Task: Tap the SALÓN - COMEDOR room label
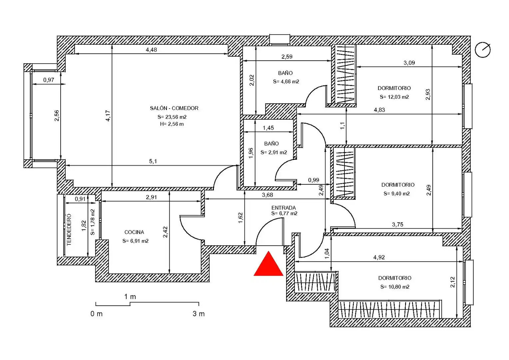174,108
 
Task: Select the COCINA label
134,232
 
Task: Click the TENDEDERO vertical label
69,230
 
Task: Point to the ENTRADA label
283,208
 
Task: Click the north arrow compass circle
482,50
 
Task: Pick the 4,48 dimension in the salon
151,50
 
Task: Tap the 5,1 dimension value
153,161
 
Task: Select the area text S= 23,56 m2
172,117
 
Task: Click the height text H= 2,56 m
172,124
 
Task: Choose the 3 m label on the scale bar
199,314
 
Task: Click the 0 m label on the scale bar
96,314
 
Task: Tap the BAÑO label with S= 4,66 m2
285,73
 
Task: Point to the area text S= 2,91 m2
273,152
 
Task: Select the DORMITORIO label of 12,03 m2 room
394,88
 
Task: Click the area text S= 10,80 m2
395,287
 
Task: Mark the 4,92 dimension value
379,257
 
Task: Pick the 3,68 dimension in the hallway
267,195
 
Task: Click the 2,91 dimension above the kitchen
151,197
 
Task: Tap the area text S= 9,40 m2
396,194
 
